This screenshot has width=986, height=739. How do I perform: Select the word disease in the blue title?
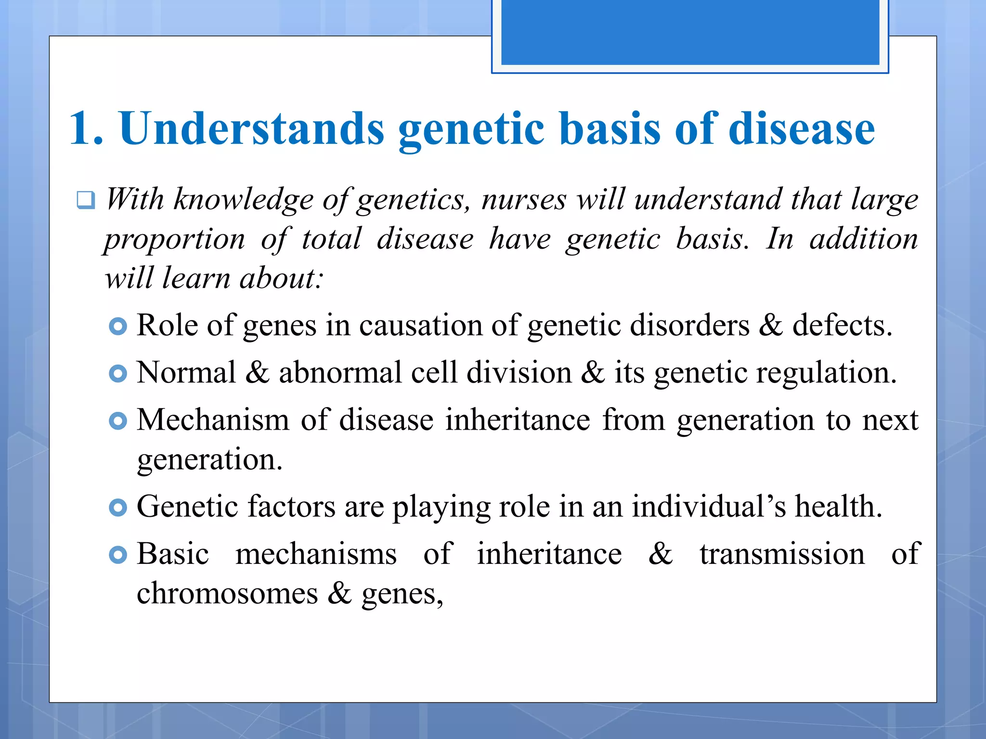point(802,128)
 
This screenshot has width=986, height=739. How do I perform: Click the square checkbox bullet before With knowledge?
point(86,200)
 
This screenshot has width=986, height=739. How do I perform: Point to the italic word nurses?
point(524,199)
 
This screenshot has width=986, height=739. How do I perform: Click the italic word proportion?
point(175,239)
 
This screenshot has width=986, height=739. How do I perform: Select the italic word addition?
point(864,239)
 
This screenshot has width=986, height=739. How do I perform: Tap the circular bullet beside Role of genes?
point(118,326)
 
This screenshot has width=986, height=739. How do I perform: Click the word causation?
point(420,325)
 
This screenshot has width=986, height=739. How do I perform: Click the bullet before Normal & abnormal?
point(118,373)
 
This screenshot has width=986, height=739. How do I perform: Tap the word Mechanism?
point(213,420)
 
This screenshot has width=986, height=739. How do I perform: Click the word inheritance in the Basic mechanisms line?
point(549,554)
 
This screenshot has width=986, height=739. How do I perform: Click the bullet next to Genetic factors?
point(118,507)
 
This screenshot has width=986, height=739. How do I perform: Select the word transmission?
point(782,554)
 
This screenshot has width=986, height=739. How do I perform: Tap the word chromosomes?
point(227,593)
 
